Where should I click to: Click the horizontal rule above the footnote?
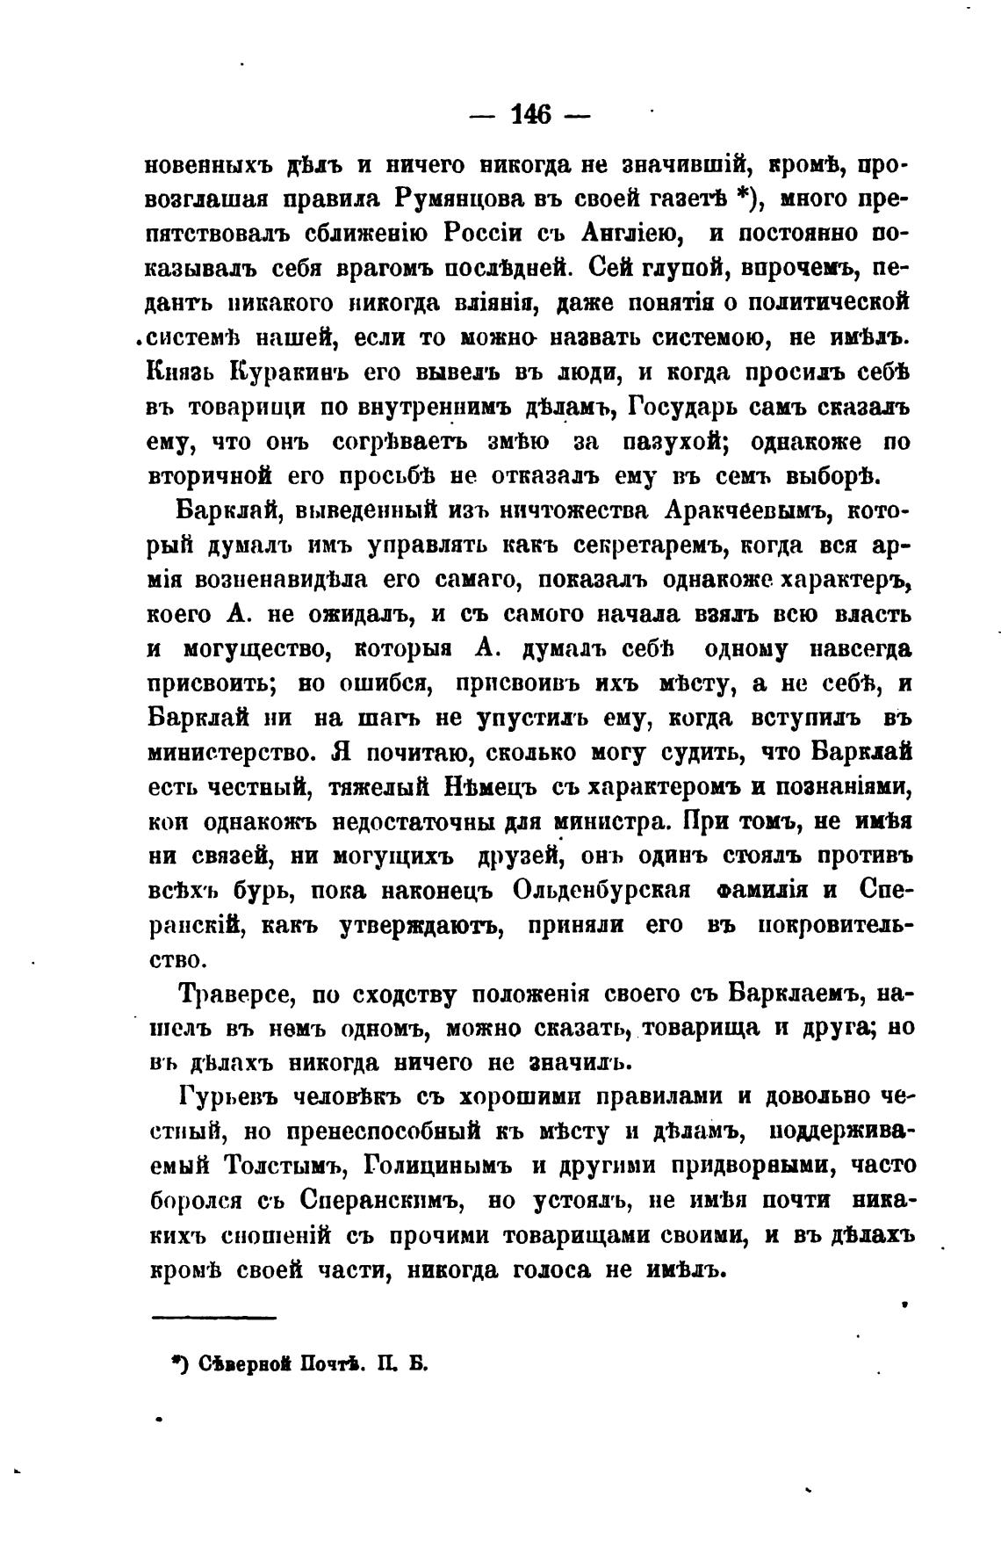(214, 1317)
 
